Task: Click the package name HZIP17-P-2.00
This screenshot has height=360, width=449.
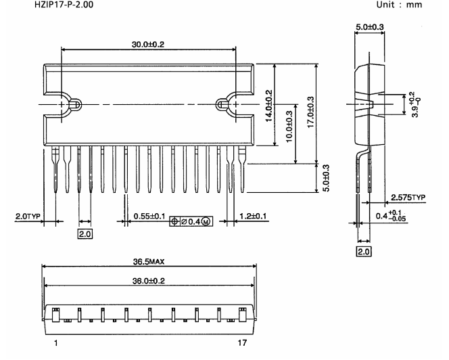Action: click(64, 5)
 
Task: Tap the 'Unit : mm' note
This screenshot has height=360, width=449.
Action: click(399, 5)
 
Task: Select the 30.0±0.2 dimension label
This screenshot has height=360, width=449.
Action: click(148, 45)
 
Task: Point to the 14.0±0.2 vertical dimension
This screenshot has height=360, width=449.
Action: click(269, 106)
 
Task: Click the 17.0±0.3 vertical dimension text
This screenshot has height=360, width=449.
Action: click(310, 112)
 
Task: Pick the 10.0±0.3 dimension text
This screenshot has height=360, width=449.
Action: click(289, 127)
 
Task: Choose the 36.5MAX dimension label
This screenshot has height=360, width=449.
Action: click(149, 262)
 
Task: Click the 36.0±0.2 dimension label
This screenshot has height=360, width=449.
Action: click(149, 281)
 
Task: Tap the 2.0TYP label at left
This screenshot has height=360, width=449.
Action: click(28, 216)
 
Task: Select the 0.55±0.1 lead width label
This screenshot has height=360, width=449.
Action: click(149, 216)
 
